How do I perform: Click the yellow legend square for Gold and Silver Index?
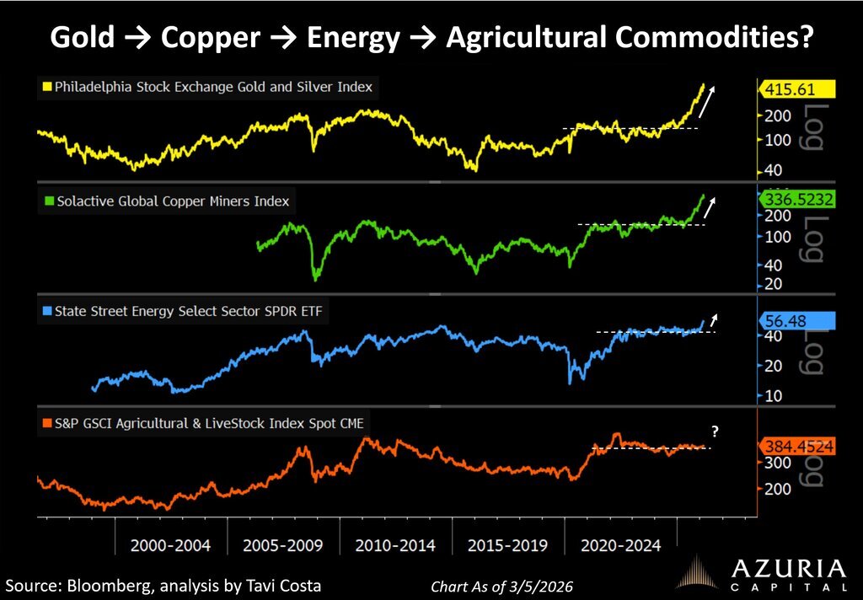pyautogui.click(x=48, y=87)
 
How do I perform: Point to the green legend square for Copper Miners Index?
pyautogui.click(x=48, y=201)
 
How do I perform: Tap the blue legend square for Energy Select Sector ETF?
pyautogui.click(x=48, y=312)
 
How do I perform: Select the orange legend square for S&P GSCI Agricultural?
pyautogui.click(x=48, y=423)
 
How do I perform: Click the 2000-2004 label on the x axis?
pyautogui.click(x=170, y=545)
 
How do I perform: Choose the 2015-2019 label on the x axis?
pyautogui.click(x=508, y=545)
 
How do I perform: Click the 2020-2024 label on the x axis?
pyautogui.click(x=620, y=545)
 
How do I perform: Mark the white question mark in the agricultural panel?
pyautogui.click(x=715, y=431)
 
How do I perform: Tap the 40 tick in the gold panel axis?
pyautogui.click(x=772, y=171)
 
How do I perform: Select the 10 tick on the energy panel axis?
pyautogui.click(x=772, y=396)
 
